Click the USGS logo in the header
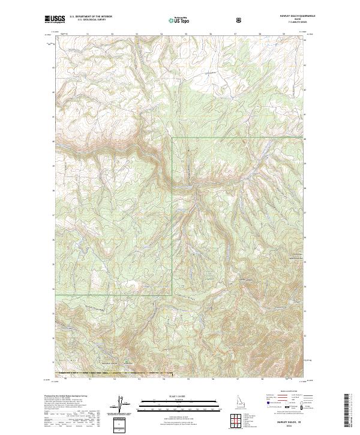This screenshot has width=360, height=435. (55, 20)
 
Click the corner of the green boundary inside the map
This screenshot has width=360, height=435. (172, 138)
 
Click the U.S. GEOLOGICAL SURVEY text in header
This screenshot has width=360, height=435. (88, 20)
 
